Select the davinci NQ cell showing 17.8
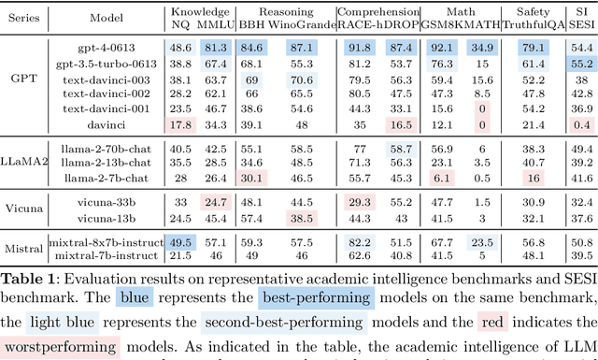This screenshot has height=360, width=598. click(180, 124)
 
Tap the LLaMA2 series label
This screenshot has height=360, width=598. click(23, 163)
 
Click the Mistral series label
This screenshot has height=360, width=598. click(23, 249)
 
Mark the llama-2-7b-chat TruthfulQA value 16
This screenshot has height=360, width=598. click(534, 178)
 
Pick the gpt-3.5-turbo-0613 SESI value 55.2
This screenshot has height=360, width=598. click(581, 63)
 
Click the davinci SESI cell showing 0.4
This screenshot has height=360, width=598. click(581, 124)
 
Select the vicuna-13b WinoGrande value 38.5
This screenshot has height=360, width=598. click(301, 218)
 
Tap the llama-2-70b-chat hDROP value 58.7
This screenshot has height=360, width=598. click(400, 149)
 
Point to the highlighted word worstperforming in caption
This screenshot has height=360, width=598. click(61, 348)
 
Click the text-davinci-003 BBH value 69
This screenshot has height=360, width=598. click(252, 79)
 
